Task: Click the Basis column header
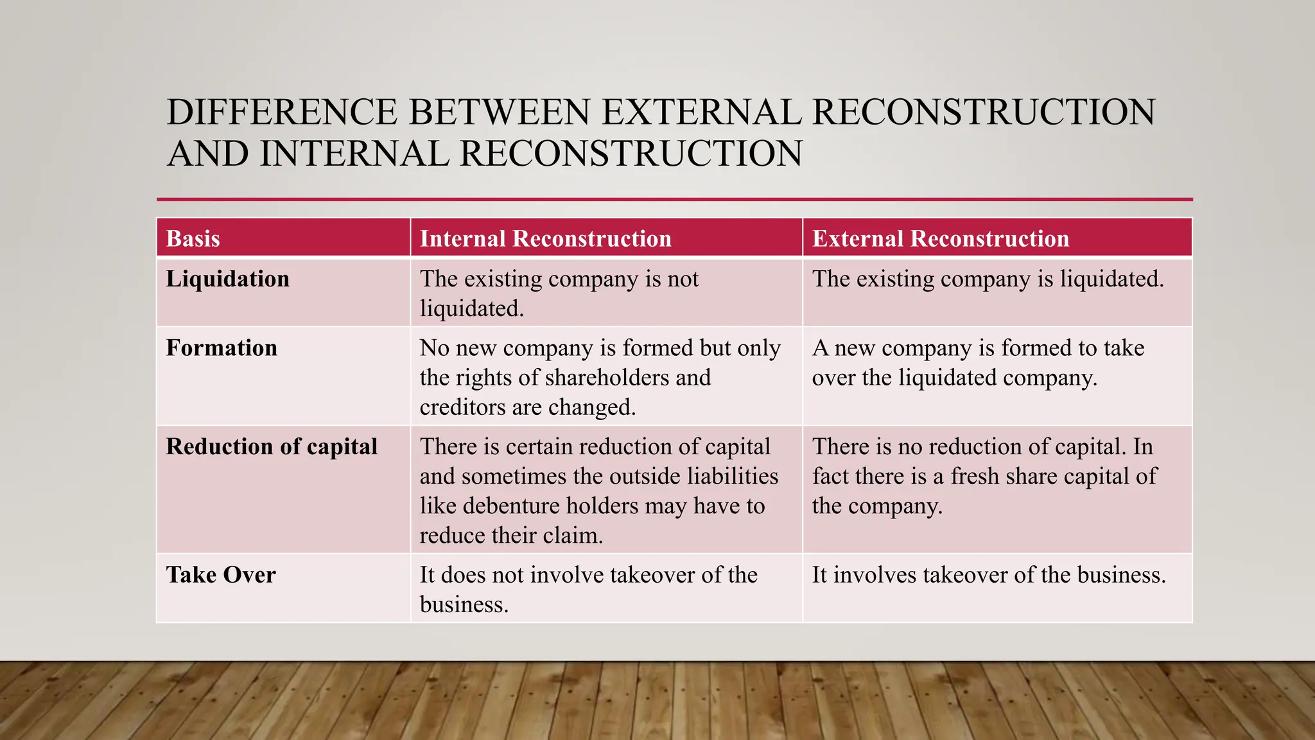tap(193, 238)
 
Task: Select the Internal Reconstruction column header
tap(545, 238)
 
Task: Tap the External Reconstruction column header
tap(940, 238)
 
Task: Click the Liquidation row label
tap(227, 279)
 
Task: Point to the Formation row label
tap(222, 348)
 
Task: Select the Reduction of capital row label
tap(272, 446)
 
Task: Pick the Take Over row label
tap(221, 574)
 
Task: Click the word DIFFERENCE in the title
tap(282, 112)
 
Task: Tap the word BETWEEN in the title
tap(499, 112)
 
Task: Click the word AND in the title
tap(207, 154)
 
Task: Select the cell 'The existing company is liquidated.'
tap(987, 279)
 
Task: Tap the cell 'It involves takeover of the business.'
tap(988, 574)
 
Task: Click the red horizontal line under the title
tap(674, 199)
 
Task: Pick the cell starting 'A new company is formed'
tap(977, 362)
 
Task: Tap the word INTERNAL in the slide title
tap(354, 154)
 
